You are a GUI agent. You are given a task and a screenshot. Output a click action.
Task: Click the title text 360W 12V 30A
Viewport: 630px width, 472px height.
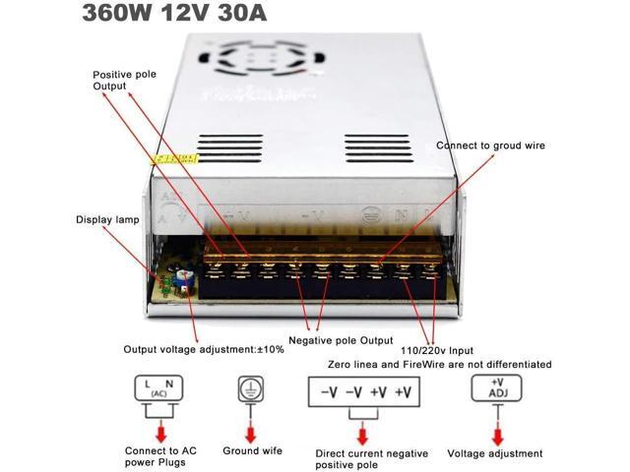point(174,15)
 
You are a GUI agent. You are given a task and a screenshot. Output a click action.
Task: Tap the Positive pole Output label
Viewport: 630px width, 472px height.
point(124,80)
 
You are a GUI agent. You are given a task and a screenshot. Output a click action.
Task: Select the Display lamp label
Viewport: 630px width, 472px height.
point(107,219)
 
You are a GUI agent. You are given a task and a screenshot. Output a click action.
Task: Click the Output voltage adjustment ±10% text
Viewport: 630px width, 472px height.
point(203,349)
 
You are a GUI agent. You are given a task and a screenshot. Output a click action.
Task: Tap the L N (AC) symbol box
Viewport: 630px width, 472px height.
point(158,389)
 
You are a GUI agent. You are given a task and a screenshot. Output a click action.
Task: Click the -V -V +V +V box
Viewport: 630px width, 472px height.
point(365,392)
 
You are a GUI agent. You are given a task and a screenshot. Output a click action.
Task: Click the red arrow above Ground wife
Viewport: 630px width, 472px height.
point(251,430)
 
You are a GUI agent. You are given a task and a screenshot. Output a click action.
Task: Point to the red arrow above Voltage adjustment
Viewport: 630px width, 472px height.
point(495,430)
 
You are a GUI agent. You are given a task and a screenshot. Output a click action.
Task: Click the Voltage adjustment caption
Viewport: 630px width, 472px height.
point(494,453)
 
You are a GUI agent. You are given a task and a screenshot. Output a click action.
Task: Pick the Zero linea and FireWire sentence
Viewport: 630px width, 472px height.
point(439,364)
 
